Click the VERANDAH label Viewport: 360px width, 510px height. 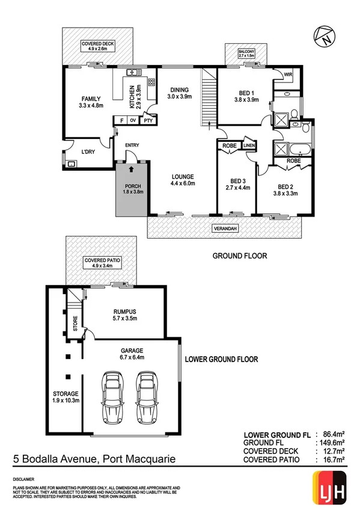(x=224, y=229)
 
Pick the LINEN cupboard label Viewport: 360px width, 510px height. (x=249, y=145)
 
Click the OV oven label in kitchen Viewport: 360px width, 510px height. (x=133, y=120)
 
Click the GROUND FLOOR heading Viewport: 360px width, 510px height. (x=240, y=256)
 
